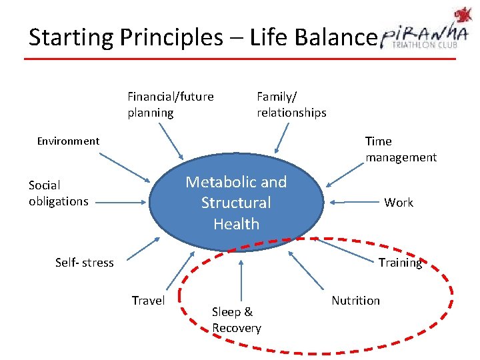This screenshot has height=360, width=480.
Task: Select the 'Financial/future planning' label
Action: [171, 105]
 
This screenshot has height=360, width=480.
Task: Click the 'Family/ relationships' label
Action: [291, 105]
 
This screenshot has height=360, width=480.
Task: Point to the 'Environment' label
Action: [68, 141]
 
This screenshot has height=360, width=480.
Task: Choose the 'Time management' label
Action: [401, 149]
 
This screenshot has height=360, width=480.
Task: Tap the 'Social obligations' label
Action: [59, 193]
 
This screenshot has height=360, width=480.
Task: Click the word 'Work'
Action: [399, 203]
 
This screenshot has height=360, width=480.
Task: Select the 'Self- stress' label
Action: [85, 263]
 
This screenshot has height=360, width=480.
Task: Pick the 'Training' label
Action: [400, 263]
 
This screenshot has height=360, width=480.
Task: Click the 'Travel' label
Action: [148, 301]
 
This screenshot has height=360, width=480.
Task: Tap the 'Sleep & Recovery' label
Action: [237, 319]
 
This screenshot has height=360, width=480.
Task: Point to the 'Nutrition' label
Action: [355, 301]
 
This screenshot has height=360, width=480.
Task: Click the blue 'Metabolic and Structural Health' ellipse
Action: [236, 203]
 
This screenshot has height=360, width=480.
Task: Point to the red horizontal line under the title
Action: [240, 59]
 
